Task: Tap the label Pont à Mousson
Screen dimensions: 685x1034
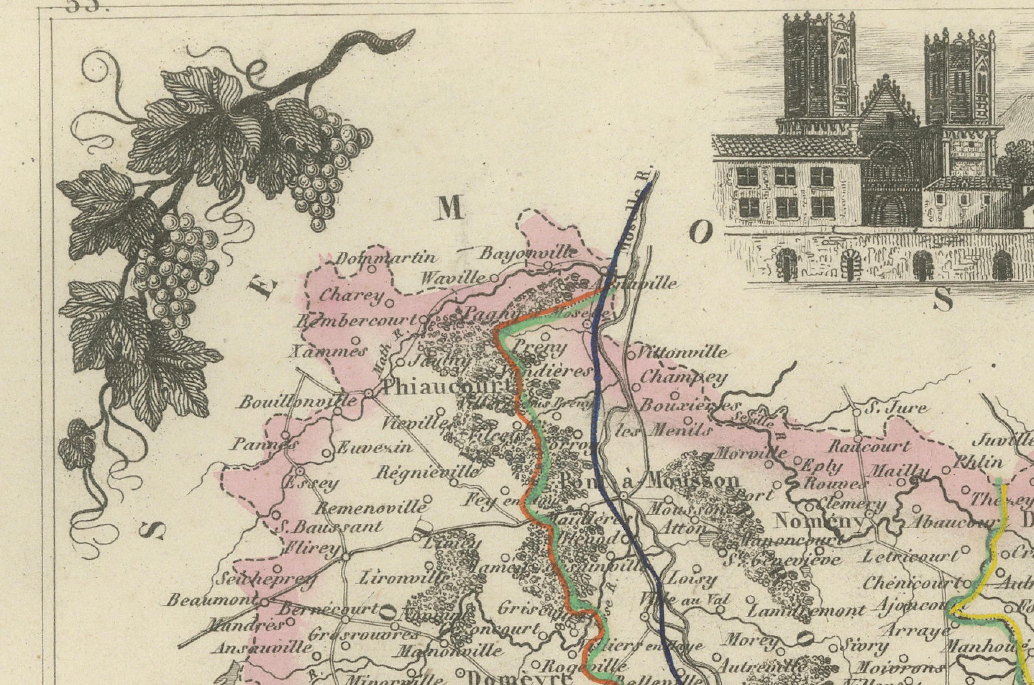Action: click(x=649, y=481)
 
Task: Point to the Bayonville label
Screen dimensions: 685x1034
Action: click(x=527, y=252)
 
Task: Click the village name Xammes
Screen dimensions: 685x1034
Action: click(x=328, y=352)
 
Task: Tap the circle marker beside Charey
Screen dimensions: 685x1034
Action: click(x=389, y=302)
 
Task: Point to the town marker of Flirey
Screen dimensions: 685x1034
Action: click(x=346, y=557)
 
